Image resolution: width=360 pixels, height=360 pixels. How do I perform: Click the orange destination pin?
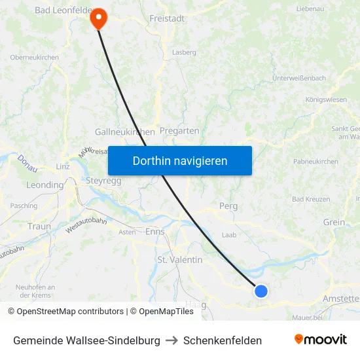[98, 18]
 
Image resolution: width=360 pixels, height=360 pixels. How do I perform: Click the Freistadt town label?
[167, 18]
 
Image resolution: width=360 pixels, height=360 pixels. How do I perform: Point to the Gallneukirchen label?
[124, 132]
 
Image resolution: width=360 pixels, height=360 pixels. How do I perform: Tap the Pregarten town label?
[179, 131]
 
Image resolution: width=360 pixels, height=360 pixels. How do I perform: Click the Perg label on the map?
[228, 206]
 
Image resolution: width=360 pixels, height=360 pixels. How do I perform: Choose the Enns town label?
[155, 232]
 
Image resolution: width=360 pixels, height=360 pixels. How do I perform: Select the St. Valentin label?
[179, 260]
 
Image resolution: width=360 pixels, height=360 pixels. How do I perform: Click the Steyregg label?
[103, 181]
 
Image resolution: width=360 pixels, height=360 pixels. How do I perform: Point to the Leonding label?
[45, 185]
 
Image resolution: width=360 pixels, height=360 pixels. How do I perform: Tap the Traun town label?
[39, 226]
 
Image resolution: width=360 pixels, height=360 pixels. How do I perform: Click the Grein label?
[334, 223]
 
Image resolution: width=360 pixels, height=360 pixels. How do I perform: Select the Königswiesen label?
[326, 100]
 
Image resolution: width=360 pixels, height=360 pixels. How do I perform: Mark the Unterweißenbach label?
[298, 78]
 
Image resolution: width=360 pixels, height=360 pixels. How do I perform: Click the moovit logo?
[320, 340]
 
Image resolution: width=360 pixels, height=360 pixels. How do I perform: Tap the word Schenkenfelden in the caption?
[223, 340]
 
